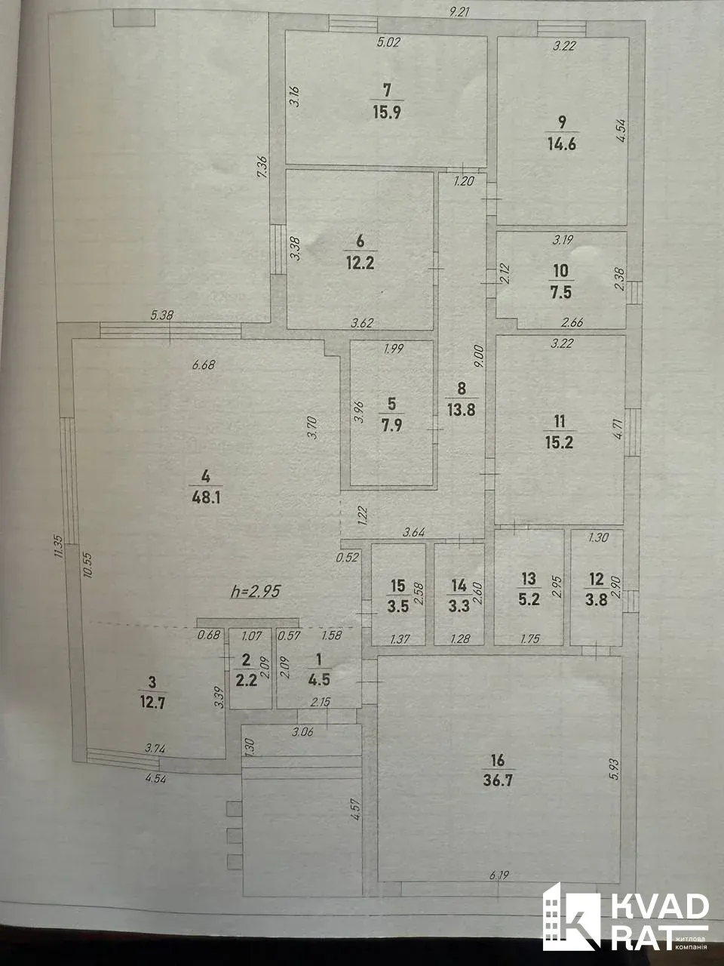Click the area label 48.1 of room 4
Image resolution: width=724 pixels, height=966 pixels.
pyautogui.click(x=206, y=498)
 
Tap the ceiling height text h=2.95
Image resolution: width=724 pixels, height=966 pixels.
pyautogui.click(x=256, y=592)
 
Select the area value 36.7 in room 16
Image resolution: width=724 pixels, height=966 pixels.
pyautogui.click(x=498, y=781)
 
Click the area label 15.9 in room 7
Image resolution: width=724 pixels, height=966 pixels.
pyautogui.click(x=387, y=112)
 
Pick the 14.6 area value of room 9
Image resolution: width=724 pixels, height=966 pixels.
pyautogui.click(x=562, y=144)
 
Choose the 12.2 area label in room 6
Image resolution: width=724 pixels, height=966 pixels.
pyautogui.click(x=360, y=263)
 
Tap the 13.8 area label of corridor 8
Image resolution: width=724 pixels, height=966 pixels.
pyautogui.click(x=461, y=410)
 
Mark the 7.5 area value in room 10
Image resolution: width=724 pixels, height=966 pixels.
pyautogui.click(x=560, y=292)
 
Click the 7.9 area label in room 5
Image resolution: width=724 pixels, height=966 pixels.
pyautogui.click(x=392, y=426)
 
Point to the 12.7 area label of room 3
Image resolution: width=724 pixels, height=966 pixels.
pyautogui.click(x=152, y=703)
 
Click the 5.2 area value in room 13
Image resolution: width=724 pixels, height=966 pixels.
pyautogui.click(x=529, y=599)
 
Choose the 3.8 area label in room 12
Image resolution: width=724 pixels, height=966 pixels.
pyautogui.click(x=596, y=600)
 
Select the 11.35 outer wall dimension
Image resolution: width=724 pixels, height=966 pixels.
pyautogui.click(x=61, y=546)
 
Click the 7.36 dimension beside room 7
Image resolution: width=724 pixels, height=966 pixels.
pyautogui.click(x=261, y=168)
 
